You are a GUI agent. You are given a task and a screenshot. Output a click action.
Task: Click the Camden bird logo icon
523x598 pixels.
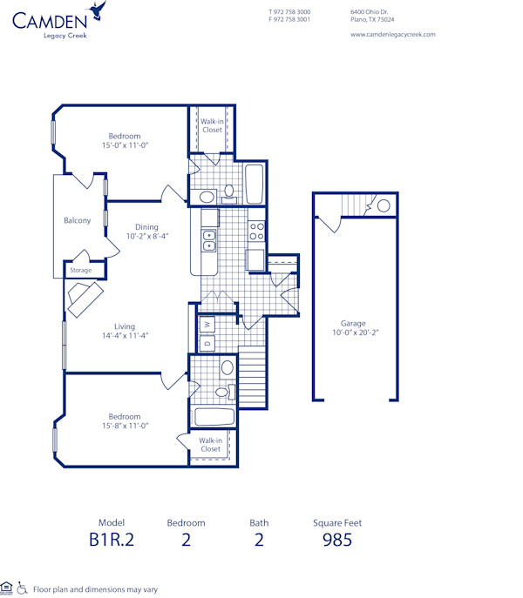pos(100,10)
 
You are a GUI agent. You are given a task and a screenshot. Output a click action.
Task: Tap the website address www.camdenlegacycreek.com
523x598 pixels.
pos(392,35)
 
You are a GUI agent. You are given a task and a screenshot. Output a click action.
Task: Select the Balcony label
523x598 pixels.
pos(78,220)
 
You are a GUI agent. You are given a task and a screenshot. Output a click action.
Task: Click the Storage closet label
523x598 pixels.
pos(80,270)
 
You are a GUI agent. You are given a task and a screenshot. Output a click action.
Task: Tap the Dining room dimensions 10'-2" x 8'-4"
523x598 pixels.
pos(146,236)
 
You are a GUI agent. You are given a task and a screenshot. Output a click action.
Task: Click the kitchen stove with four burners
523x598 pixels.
pos(257,231)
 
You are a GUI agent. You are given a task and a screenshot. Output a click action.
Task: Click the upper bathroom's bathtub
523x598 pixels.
pos(255,183)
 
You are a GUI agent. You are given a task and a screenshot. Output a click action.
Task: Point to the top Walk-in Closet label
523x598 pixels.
pos(212,125)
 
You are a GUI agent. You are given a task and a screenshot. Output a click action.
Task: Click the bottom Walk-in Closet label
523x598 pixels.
pos(210,445)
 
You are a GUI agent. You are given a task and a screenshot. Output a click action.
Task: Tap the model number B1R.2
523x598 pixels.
pos(112,540)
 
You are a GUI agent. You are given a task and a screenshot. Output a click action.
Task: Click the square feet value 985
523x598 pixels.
pos(336,540)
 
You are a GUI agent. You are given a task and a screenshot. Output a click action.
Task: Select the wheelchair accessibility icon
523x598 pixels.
pos(23,589)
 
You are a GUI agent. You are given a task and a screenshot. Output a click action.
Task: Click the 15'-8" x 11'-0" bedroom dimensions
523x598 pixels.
pos(125,426)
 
